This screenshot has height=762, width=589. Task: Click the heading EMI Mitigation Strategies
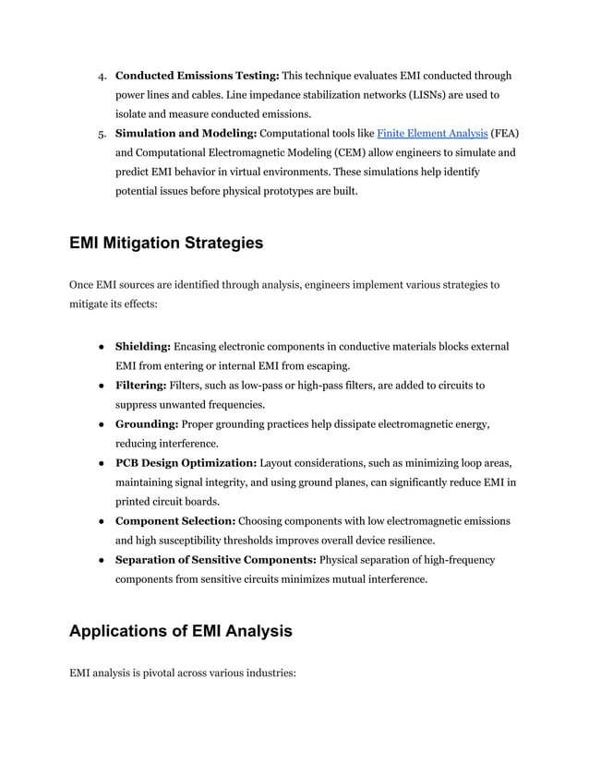tap(166, 244)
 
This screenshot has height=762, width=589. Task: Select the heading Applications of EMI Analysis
tap(181, 631)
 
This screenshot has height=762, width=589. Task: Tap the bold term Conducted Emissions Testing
tap(197, 76)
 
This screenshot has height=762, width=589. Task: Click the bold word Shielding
tap(143, 346)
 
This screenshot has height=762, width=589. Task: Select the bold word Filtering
tap(141, 385)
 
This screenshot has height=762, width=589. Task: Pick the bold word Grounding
tap(147, 423)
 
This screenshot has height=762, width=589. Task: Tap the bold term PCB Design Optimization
tap(186, 462)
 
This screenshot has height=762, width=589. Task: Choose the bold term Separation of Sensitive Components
tap(215, 560)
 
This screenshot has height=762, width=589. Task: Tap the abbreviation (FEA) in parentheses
tap(505, 134)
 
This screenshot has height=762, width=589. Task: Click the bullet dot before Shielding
tap(100, 346)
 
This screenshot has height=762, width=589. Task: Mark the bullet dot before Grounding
tap(100, 423)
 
